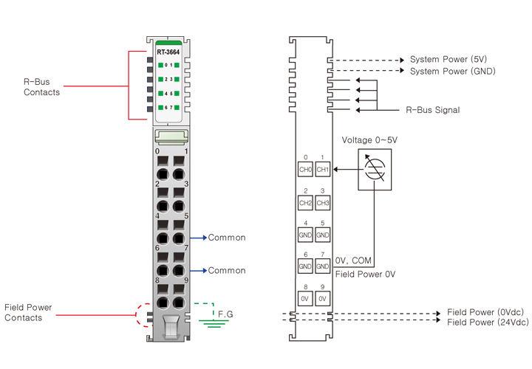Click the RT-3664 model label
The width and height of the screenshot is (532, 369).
168,52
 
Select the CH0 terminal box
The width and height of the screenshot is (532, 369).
305,169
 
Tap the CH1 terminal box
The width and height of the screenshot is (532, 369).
323,169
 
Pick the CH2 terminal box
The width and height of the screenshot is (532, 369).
305,203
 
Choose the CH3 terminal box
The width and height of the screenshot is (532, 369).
323,203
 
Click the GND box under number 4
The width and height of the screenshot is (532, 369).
305,235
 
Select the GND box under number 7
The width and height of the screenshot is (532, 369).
323,266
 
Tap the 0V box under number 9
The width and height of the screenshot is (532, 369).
323,298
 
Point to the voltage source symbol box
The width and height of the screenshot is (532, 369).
375,170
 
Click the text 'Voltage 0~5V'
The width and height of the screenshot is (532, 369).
369,140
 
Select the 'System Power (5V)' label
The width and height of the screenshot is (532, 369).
449,59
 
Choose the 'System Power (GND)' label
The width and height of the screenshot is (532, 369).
453,71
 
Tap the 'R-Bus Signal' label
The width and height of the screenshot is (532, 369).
432,110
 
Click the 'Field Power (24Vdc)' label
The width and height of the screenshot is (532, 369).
488,322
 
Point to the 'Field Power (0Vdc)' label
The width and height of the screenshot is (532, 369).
485,311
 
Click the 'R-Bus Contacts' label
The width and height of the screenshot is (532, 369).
41,87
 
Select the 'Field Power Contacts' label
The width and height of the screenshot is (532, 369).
28,312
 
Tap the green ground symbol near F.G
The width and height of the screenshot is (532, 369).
214,323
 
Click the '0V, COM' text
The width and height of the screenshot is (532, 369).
353,261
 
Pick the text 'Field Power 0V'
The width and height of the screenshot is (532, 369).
366,274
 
